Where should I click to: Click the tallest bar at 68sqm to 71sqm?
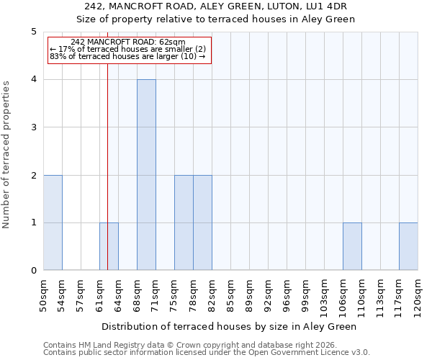click(146, 175)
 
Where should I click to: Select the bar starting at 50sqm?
click(53, 222)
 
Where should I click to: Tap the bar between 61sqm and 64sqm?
click(109, 246)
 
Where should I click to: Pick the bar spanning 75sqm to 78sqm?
click(184, 222)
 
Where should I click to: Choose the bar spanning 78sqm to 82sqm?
click(202, 222)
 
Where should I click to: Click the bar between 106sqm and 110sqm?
click(352, 246)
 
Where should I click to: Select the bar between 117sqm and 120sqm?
click(408, 246)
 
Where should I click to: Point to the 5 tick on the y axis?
click(33, 32)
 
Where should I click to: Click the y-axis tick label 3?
click(33, 127)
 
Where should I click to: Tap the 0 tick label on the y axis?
click(33, 271)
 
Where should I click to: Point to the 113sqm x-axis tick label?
click(380, 295)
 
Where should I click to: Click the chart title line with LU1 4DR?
click(216, 6)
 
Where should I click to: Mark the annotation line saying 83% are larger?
click(127, 56)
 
